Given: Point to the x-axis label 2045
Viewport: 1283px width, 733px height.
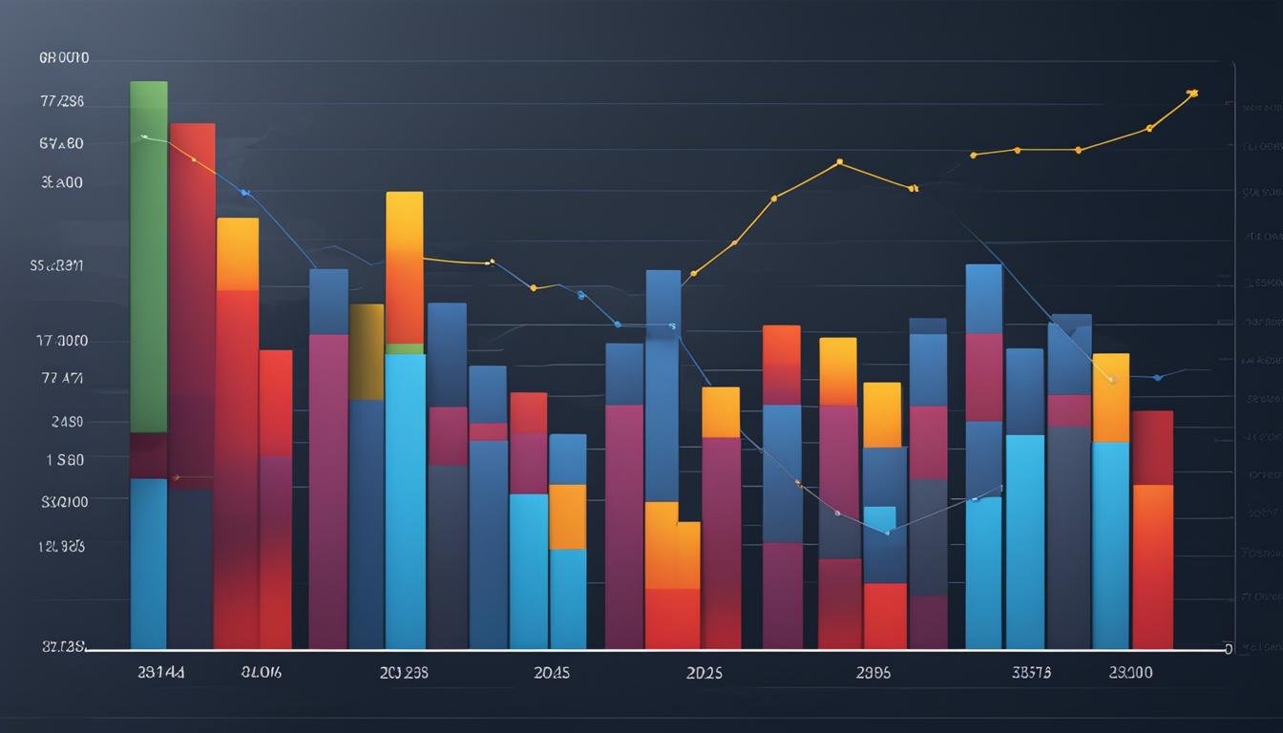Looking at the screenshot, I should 552,672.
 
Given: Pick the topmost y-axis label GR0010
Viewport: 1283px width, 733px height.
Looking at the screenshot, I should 64,58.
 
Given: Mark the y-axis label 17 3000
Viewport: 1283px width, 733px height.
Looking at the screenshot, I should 61,341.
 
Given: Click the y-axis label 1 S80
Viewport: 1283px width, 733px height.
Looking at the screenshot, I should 64,459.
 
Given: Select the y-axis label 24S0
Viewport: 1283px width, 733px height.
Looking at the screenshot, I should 64,421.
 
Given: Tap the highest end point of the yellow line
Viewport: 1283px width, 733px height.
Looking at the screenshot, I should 1191,94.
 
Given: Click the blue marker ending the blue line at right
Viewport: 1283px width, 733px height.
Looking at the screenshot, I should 1158,378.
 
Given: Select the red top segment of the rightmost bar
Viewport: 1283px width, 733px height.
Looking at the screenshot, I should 1152,447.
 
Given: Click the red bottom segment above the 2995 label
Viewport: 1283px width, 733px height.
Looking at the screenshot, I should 884,616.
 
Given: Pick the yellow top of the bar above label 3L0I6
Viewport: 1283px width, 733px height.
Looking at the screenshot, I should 238,253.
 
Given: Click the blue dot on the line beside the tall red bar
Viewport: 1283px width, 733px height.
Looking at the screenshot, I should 244,193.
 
